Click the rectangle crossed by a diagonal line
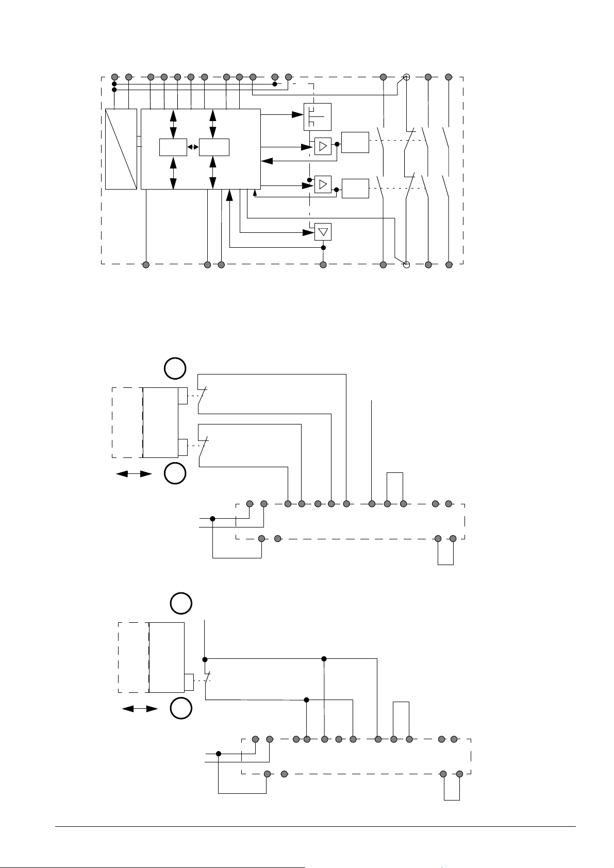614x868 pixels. point(121,149)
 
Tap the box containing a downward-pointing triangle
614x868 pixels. point(323,232)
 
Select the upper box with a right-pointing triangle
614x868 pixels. point(323,147)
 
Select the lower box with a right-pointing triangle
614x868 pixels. point(323,184)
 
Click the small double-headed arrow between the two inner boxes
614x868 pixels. point(193,147)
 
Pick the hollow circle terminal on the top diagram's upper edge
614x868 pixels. point(406,77)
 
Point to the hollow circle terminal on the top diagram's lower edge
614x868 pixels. point(406,265)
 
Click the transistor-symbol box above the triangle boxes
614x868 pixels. point(318,117)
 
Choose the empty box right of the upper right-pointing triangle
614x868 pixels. point(355,143)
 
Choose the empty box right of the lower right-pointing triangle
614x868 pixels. point(355,189)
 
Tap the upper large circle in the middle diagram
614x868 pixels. point(175,369)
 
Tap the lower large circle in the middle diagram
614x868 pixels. point(175,473)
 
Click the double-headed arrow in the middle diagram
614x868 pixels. point(134,474)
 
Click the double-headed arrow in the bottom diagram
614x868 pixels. point(140,709)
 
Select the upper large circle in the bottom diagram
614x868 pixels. point(181,603)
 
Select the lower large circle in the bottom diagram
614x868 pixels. point(181,708)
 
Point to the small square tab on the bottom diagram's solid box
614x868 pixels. point(189,682)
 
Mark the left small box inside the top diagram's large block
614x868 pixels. point(173,147)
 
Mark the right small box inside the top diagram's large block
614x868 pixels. point(214,147)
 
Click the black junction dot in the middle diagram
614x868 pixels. point(212,519)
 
